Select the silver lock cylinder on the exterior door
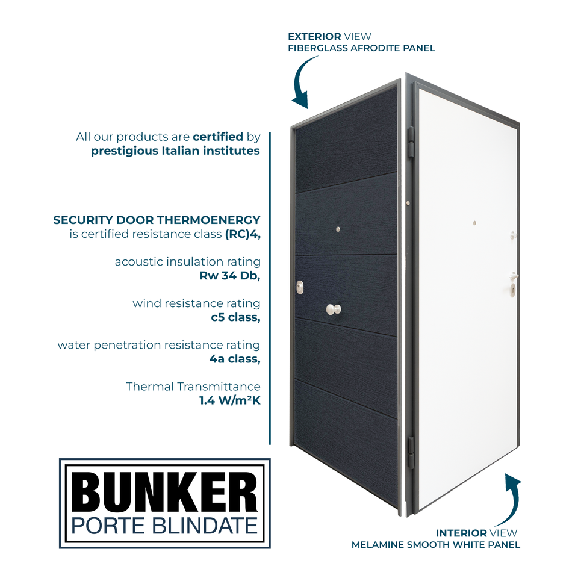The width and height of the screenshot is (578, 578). [x=300, y=288]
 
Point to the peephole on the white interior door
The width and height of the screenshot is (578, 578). [x=474, y=223]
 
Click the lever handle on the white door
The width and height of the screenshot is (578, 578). [x=513, y=276]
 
